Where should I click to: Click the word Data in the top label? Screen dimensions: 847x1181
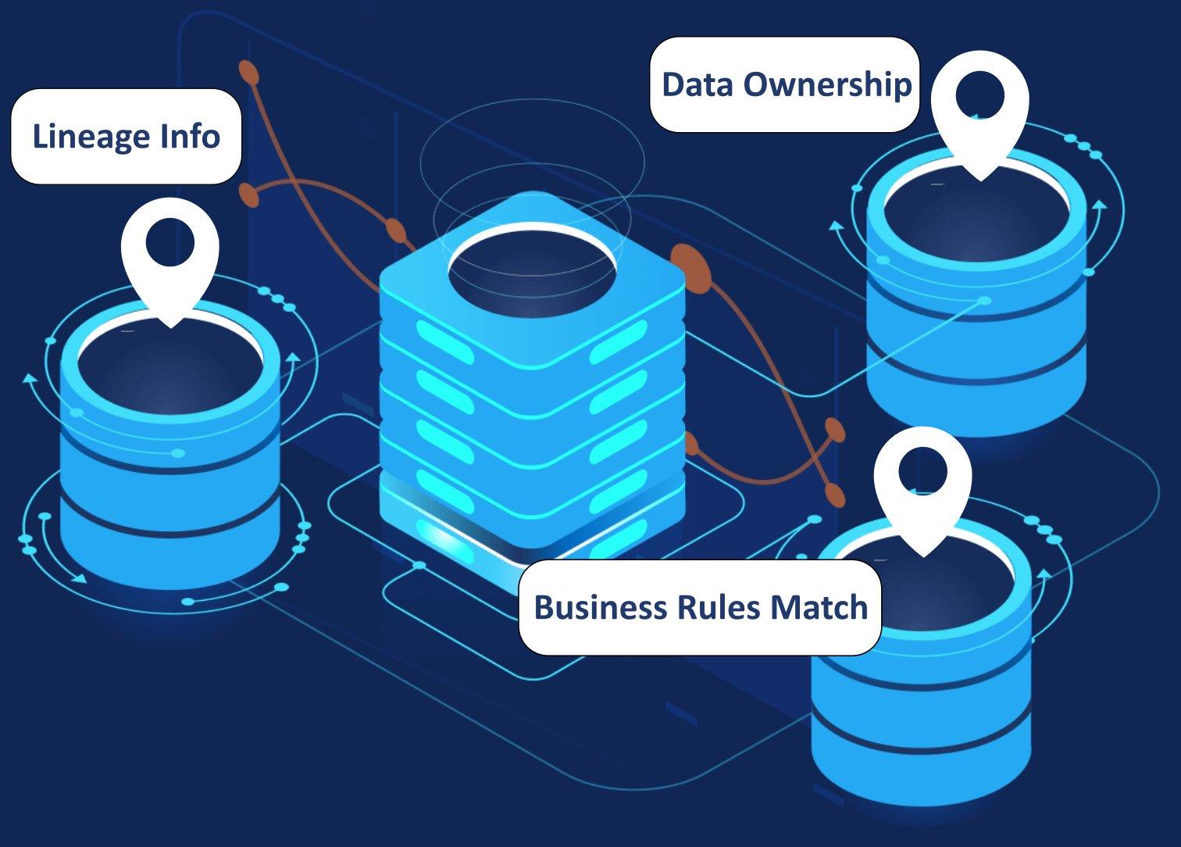coord(698,84)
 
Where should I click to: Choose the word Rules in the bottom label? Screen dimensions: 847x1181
coord(716,607)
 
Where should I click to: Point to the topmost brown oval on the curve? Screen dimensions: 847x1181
coord(249,72)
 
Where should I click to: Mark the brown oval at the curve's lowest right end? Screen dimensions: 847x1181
coord(835,495)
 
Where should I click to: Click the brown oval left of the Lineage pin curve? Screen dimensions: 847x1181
coord(249,195)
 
